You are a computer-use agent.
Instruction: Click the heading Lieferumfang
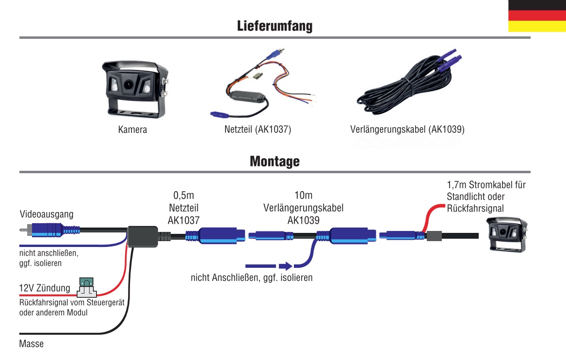click(x=275, y=26)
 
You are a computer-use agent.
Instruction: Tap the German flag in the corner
click(x=537, y=16)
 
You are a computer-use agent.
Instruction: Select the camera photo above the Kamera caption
click(x=132, y=89)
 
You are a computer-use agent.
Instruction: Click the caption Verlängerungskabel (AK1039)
click(x=406, y=130)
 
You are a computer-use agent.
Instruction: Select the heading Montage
click(x=275, y=161)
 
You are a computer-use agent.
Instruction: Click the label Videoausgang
click(x=47, y=214)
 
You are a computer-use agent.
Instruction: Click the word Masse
click(x=32, y=344)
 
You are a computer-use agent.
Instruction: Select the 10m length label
click(x=303, y=196)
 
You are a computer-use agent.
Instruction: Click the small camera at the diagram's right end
click(x=507, y=235)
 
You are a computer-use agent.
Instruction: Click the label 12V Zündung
click(x=45, y=288)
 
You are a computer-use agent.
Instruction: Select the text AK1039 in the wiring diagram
click(x=303, y=220)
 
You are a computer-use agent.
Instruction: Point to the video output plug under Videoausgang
click(x=49, y=229)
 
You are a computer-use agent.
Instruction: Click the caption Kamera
click(x=132, y=130)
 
